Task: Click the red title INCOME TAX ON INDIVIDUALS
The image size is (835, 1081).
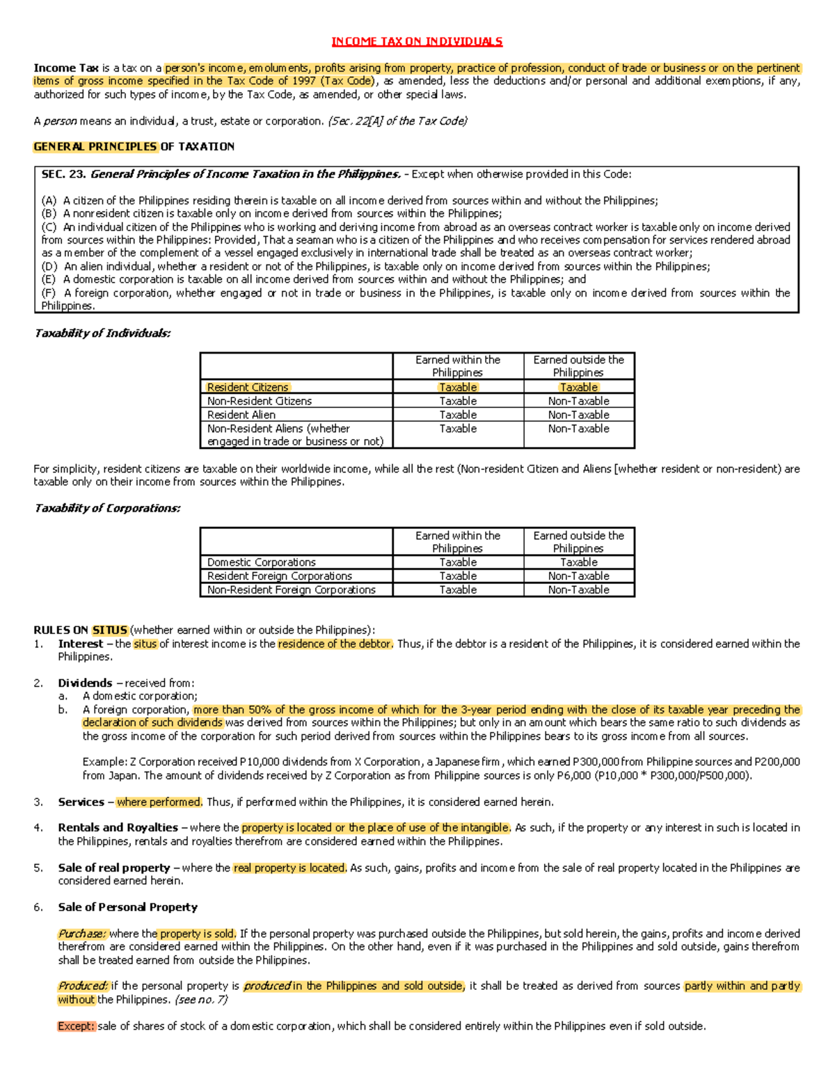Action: click(417, 42)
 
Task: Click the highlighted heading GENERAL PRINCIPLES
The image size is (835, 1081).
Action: click(95, 147)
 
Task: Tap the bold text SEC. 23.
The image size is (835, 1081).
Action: click(63, 175)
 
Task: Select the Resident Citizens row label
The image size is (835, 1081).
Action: click(248, 388)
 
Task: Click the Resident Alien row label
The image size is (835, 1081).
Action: click(241, 415)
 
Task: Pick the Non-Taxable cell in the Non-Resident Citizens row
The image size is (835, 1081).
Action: click(578, 402)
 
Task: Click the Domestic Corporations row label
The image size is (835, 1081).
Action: click(261, 562)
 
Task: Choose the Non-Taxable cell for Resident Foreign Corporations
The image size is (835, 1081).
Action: click(578, 576)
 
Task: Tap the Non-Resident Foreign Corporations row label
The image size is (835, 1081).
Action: click(291, 590)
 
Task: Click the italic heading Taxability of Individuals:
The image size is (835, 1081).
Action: click(102, 333)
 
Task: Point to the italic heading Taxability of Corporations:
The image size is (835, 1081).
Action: click(107, 509)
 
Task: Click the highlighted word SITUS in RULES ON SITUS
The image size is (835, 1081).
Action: click(109, 631)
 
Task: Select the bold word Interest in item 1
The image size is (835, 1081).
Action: click(80, 645)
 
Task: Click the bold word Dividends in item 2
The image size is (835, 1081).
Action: click(85, 684)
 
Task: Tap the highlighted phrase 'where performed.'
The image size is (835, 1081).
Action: click(159, 803)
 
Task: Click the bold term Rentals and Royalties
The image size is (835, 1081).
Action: click(118, 828)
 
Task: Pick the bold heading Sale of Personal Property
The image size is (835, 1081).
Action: click(127, 908)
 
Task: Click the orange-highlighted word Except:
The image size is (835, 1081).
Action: click(76, 1027)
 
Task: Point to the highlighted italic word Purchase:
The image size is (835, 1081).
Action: click(82, 934)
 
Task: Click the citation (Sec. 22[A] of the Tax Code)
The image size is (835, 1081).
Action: click(397, 121)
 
